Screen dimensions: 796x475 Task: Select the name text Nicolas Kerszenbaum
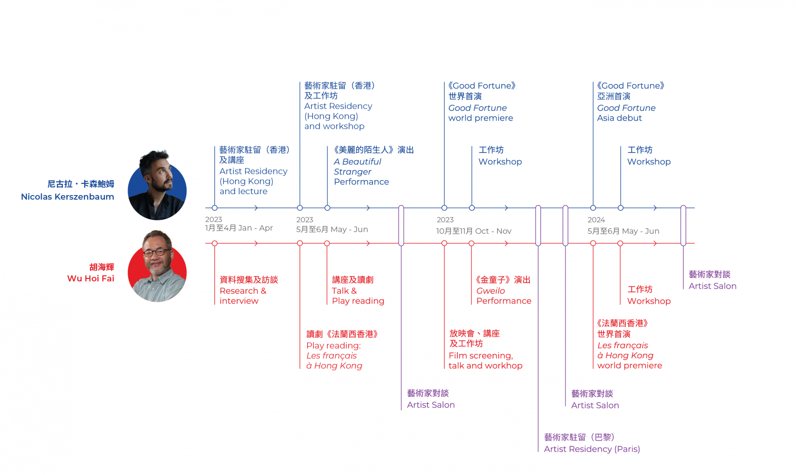pyautogui.click(x=68, y=197)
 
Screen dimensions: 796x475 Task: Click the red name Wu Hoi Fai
pyautogui.click(x=90, y=278)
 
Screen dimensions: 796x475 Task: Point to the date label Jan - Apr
pyautogui.click(x=255, y=228)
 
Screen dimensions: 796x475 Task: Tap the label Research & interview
pyautogui.click(x=243, y=296)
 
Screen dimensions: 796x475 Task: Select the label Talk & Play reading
pyautogui.click(x=358, y=296)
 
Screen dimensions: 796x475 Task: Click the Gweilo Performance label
pyautogui.click(x=504, y=296)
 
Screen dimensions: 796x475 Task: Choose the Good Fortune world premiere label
pyautogui.click(x=481, y=113)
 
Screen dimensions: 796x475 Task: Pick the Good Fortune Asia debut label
pyautogui.click(x=626, y=113)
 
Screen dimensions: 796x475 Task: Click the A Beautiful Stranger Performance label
pyautogui.click(x=362, y=172)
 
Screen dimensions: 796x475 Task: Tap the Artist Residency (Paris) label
pyautogui.click(x=592, y=449)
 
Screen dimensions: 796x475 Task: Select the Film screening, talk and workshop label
pyautogui.click(x=485, y=361)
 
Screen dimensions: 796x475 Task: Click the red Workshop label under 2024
pyautogui.click(x=649, y=301)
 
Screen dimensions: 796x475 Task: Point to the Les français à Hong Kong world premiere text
pyautogui.click(x=629, y=355)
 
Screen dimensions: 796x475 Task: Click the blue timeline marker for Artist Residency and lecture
pyautogui.click(x=215, y=208)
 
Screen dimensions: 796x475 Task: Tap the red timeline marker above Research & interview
pyautogui.click(x=215, y=244)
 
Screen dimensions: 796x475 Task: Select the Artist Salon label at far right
pyautogui.click(x=713, y=286)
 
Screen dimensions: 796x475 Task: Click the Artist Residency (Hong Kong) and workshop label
pyautogui.click(x=338, y=116)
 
